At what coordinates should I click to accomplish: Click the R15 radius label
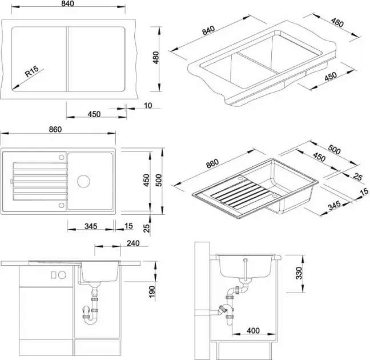point(31,71)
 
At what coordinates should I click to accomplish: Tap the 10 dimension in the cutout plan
point(148,105)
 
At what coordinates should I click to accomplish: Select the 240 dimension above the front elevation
point(133,243)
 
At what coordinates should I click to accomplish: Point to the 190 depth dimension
point(152,291)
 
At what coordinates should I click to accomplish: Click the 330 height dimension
point(299,273)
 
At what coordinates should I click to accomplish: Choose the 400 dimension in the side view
point(253,330)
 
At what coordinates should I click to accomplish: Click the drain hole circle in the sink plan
point(83,181)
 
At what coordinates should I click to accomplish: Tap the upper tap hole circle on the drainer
point(61,157)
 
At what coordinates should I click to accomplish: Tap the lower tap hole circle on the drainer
point(61,205)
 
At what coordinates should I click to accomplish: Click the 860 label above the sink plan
point(55,130)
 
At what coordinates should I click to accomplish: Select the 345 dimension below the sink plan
point(91,226)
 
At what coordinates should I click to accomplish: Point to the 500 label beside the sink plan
point(159,180)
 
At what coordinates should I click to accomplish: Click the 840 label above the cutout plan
point(67,3)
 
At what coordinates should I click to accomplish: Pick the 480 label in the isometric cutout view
point(337,23)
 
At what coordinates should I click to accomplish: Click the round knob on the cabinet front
point(62,275)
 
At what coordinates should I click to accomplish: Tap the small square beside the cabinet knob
point(54,275)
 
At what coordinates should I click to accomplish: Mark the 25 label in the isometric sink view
point(358,177)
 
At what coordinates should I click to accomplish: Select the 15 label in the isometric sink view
point(365,191)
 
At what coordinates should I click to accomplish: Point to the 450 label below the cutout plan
point(94,114)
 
